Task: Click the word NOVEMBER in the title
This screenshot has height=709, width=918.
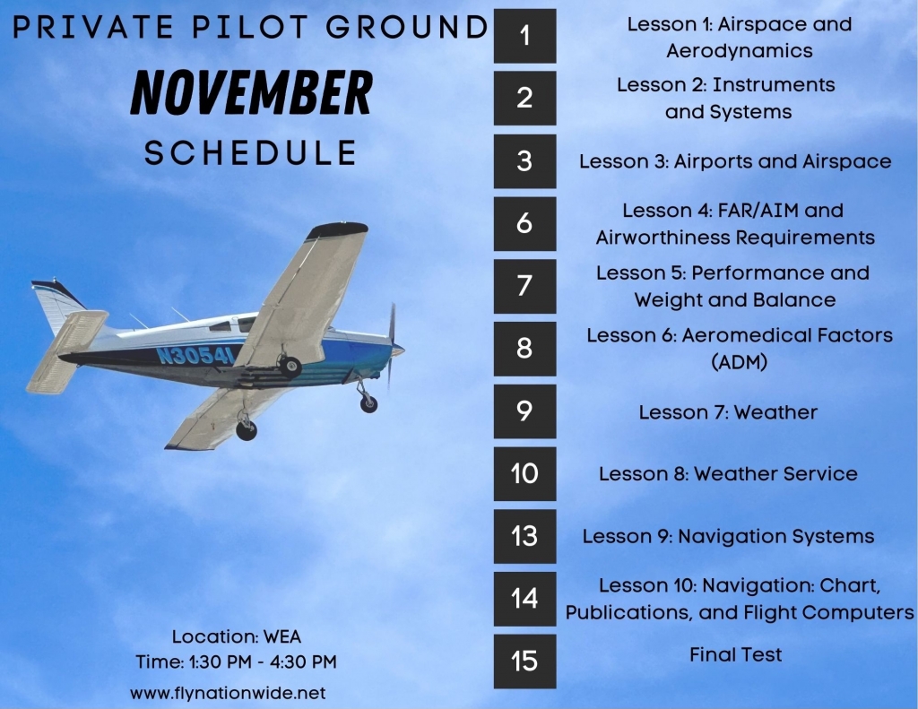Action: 251,92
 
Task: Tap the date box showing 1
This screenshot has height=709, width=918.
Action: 524,36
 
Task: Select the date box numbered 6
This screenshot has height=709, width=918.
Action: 524,224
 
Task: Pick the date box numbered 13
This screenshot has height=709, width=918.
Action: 524,536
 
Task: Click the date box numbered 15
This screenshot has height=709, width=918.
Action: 524,661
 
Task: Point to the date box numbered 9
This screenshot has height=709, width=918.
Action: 524,411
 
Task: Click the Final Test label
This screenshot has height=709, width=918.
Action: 735,654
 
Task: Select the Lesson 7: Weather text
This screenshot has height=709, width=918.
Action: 728,412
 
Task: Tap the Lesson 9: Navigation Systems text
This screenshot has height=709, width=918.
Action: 728,536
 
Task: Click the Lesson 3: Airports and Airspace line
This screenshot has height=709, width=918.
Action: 735,161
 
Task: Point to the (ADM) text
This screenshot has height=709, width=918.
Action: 740,362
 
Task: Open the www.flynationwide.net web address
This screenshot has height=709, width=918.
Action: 228,693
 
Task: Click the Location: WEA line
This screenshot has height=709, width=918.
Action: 237,636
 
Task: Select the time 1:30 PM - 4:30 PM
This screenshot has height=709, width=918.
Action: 263,662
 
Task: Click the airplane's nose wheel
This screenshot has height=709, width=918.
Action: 368,403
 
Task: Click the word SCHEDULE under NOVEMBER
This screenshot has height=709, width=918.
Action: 251,152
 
